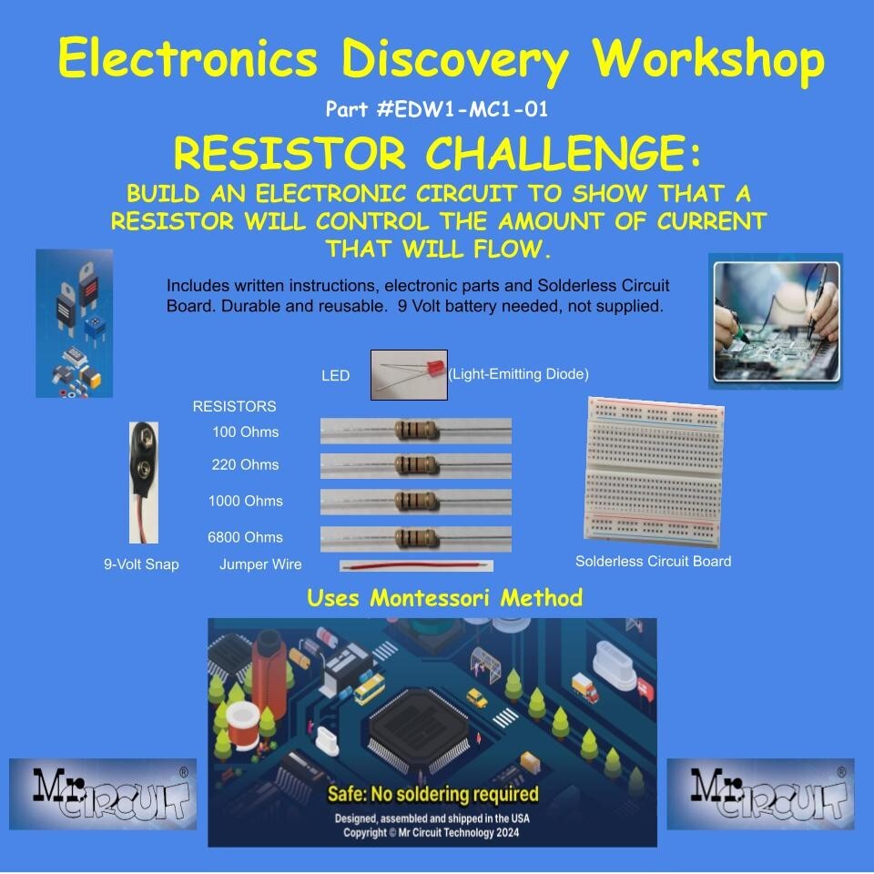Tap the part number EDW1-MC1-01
point(436,110)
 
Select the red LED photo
point(409,374)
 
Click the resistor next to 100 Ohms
point(416,431)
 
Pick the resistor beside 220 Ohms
point(416,465)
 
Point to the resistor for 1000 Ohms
point(416,502)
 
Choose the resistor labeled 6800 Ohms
point(416,538)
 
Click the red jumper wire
point(416,566)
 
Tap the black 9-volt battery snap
point(145,481)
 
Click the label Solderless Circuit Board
point(653,562)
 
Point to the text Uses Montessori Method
point(444,598)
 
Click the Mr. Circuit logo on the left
point(102,794)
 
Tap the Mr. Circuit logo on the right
point(760,794)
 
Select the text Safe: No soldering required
point(432,794)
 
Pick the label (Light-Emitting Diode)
point(519,374)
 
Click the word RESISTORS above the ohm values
point(234,406)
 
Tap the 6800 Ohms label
point(245,537)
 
